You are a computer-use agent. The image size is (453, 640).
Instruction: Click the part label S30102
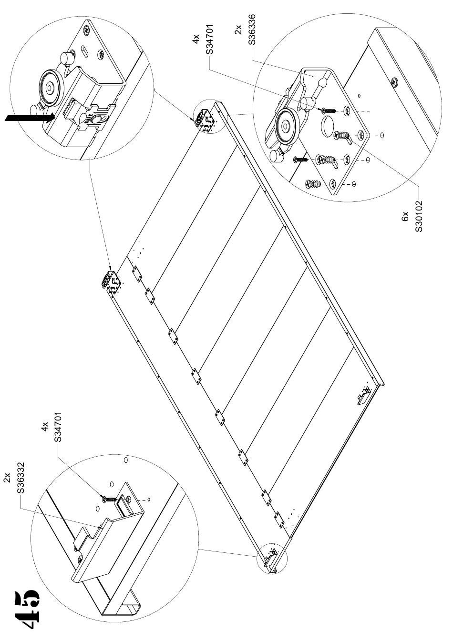tap(419, 216)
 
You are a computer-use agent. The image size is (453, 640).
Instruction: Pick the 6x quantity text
tap(405, 217)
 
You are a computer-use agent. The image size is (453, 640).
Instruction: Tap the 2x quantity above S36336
tap(238, 30)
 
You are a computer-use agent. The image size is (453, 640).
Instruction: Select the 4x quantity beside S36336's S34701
tap(196, 39)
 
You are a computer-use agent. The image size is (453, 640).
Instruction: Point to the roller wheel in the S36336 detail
tap(285, 125)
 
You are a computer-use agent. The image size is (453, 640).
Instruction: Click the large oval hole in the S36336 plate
tap(327, 124)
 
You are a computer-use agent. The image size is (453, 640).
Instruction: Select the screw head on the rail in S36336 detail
tap(395, 82)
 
